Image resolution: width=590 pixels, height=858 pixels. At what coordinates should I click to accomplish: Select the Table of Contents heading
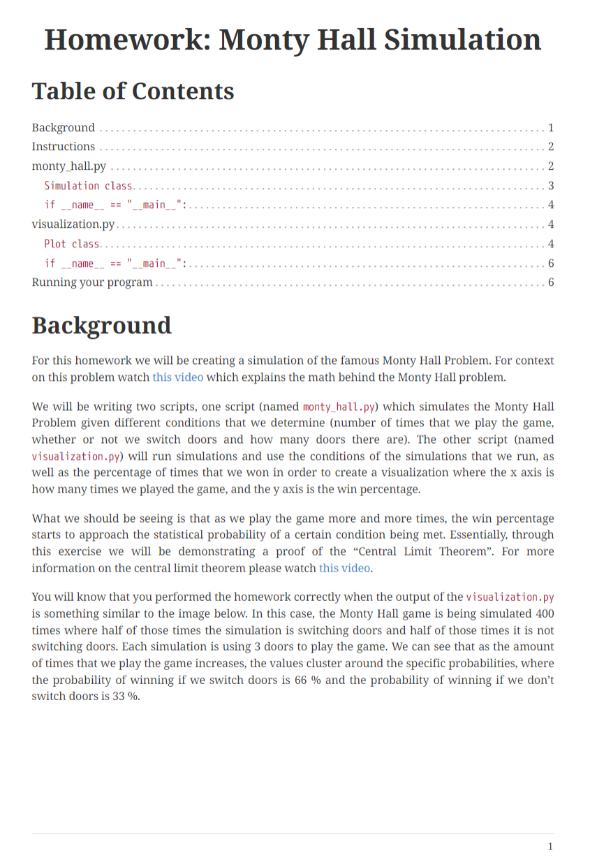click(x=133, y=92)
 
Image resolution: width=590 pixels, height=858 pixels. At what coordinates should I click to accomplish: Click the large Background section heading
click(x=101, y=326)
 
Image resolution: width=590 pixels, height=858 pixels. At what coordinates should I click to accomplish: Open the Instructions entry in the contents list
click(x=64, y=147)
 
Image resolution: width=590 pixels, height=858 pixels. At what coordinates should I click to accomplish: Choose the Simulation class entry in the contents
click(x=89, y=186)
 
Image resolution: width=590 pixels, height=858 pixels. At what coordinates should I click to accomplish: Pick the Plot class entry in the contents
click(x=72, y=244)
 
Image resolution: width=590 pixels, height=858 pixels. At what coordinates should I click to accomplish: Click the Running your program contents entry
click(x=92, y=282)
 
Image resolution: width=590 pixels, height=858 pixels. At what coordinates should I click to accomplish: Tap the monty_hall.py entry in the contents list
click(x=69, y=166)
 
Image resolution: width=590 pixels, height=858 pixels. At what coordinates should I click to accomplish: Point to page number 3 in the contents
click(x=550, y=186)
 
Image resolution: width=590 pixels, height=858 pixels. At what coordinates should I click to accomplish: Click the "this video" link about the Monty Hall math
click(x=178, y=377)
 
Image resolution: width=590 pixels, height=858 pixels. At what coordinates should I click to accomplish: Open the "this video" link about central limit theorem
click(x=344, y=568)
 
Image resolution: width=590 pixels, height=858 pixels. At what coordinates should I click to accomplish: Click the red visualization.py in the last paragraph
click(x=510, y=597)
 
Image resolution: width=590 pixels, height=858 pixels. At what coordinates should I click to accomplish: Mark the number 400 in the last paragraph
click(x=543, y=613)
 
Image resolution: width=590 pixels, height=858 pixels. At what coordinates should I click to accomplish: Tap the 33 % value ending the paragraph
click(x=125, y=697)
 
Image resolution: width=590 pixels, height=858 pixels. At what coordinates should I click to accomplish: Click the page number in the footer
click(x=550, y=846)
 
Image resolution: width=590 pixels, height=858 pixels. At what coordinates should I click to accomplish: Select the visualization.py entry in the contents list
click(x=73, y=224)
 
